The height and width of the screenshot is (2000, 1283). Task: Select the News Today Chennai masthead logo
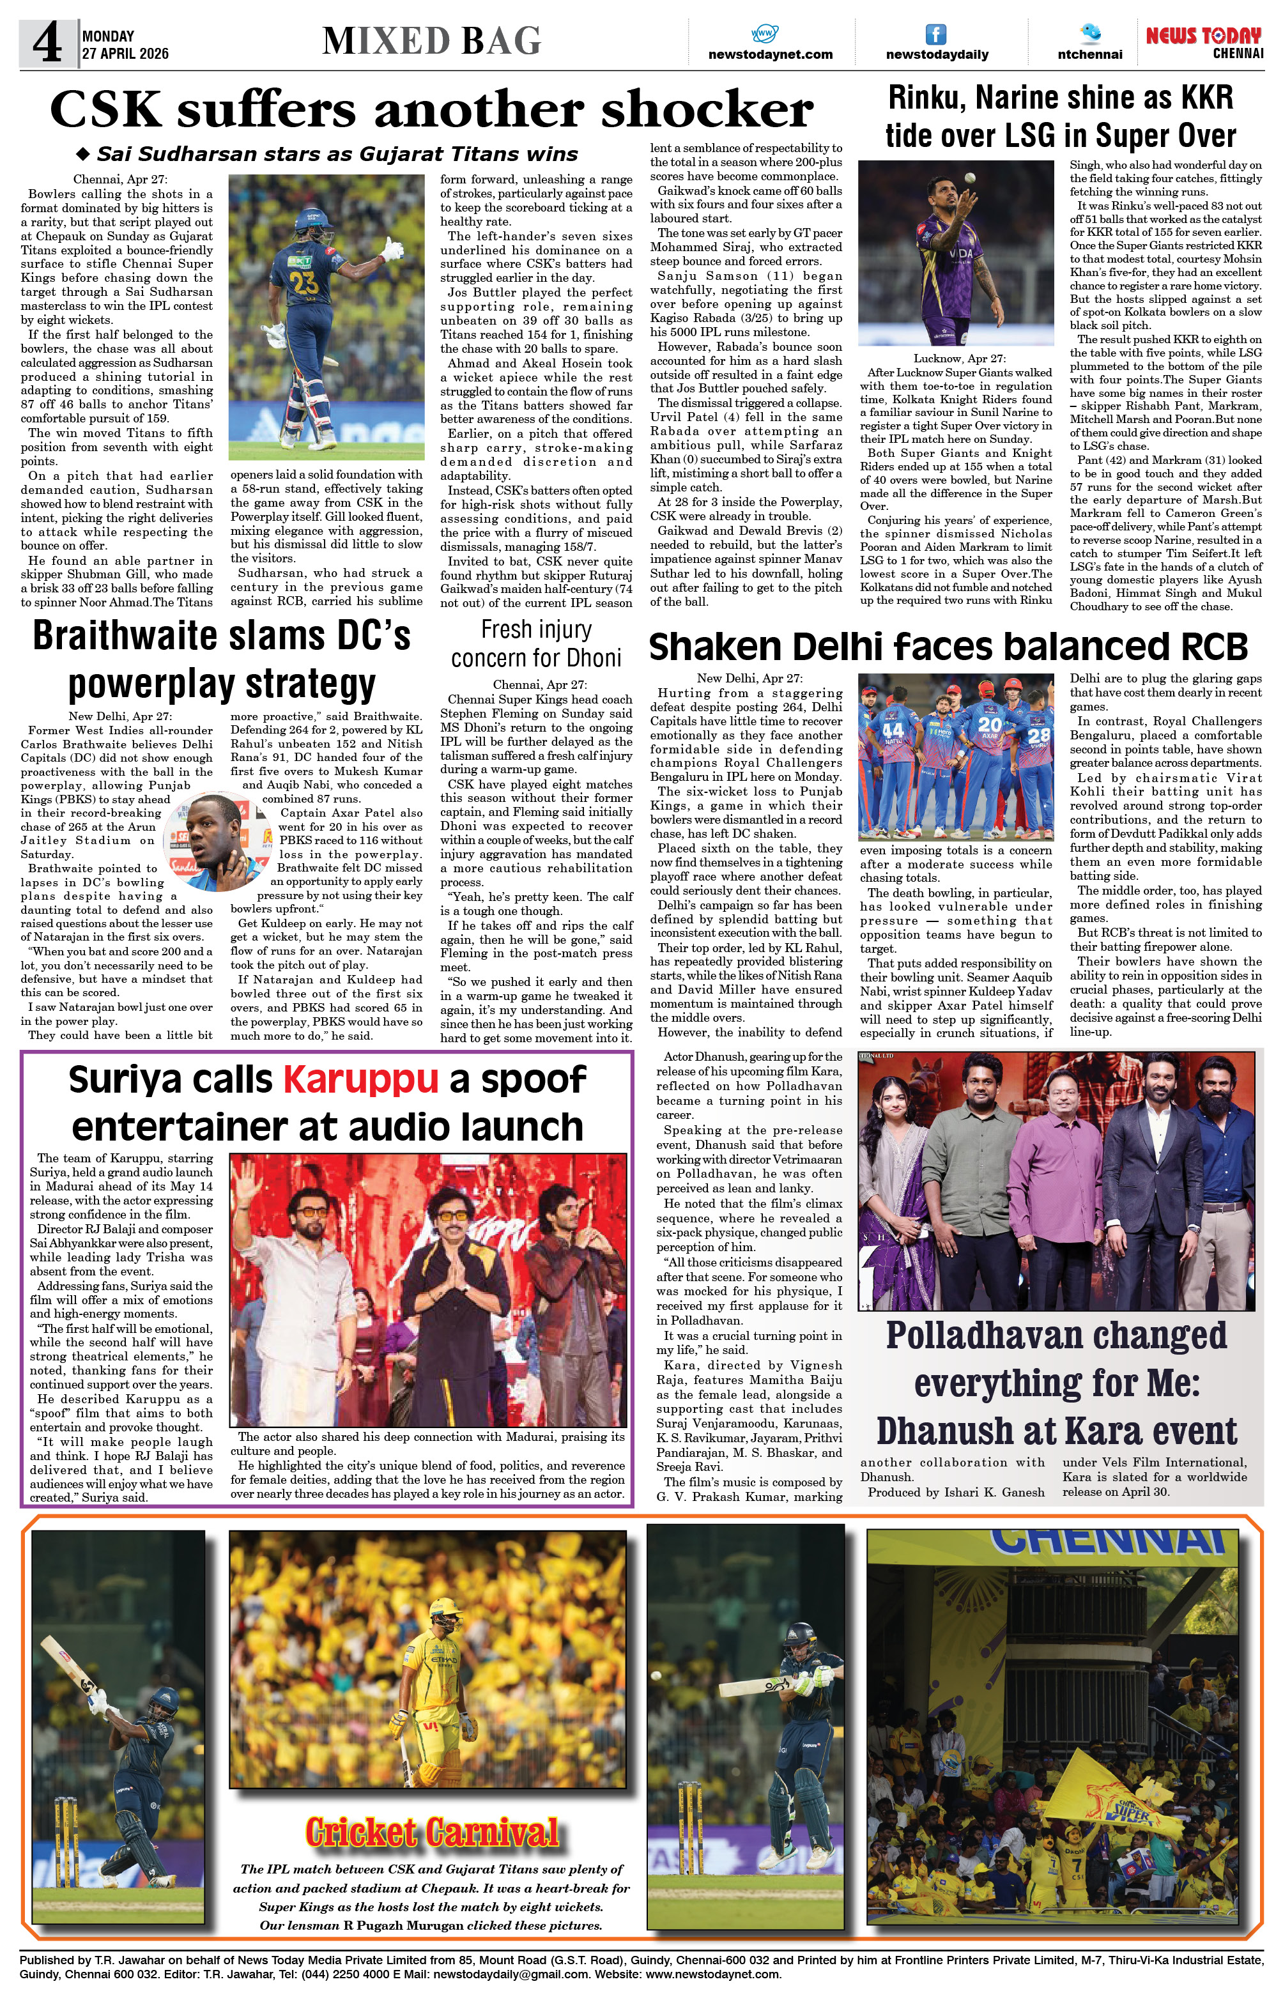click(x=1204, y=42)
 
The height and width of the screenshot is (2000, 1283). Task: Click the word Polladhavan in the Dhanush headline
click(x=1056, y=1335)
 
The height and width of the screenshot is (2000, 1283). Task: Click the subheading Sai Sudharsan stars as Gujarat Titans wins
click(x=337, y=154)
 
